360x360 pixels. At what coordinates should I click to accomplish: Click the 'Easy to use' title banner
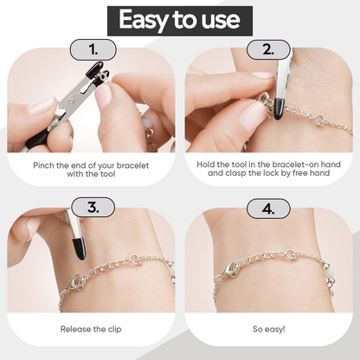(x=180, y=20)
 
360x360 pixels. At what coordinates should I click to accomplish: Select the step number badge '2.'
(x=268, y=49)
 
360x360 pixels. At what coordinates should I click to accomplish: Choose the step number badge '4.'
(x=268, y=208)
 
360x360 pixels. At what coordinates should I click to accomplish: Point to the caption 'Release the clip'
(x=90, y=329)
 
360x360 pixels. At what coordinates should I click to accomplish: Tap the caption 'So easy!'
(x=268, y=329)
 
